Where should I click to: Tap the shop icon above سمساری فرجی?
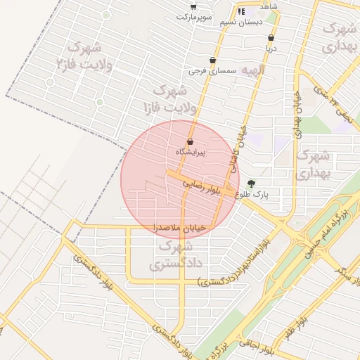coord(212,60)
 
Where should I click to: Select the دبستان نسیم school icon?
coord(241,11)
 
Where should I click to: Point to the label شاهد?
coord(269,6)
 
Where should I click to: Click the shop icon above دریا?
coord(271,39)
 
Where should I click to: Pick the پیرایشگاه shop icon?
coord(190,142)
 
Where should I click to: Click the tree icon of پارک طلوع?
coord(252,184)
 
